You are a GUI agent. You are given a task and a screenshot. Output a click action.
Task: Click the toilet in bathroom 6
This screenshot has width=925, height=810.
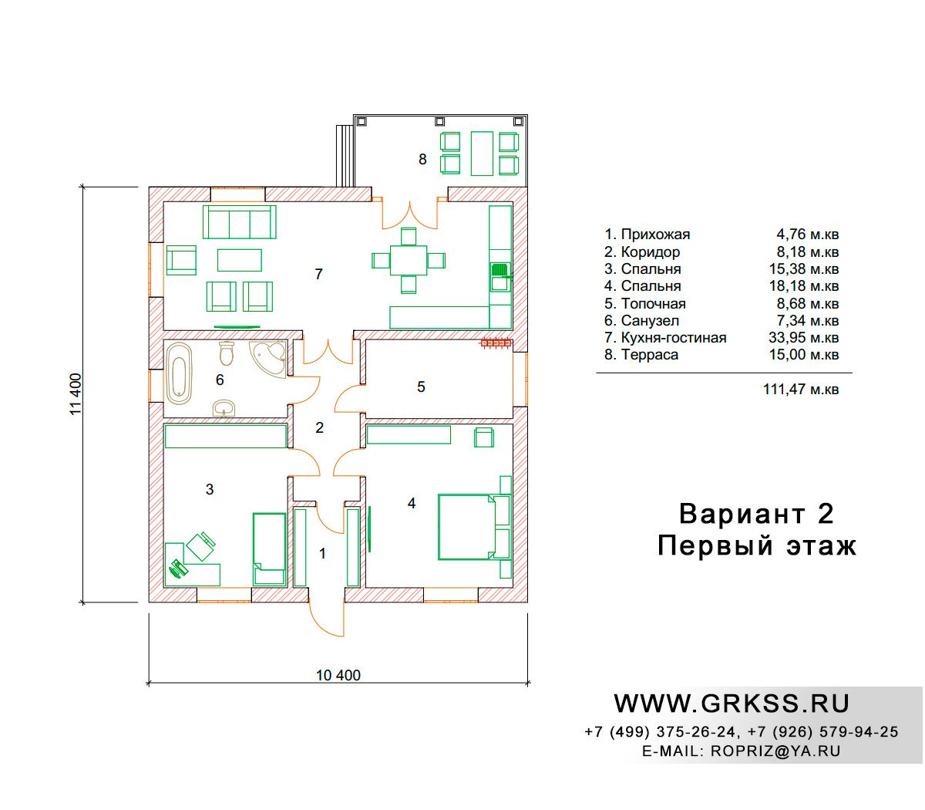tap(227, 353)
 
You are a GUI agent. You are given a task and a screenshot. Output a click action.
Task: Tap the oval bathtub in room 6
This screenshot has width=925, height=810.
tap(179, 374)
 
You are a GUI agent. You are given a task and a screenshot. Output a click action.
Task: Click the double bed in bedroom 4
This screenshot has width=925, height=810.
tap(467, 527)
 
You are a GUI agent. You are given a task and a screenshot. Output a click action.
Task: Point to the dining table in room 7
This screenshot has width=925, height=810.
tap(409, 260)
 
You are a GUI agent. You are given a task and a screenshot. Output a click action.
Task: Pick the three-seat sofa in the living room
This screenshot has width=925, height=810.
tap(239, 221)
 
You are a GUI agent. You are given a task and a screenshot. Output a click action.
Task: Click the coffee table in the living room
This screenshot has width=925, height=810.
tap(239, 260)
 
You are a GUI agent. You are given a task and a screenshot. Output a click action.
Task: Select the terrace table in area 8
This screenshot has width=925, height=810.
tap(482, 153)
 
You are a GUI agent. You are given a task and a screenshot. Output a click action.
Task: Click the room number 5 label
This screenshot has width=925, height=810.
tap(421, 386)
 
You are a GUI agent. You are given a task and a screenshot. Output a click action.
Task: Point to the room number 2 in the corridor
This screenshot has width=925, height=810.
tap(319, 427)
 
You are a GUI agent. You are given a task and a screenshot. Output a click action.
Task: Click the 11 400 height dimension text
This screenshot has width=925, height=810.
tap(76, 394)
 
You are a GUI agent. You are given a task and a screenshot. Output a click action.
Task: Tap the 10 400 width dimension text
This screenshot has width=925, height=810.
tap(338, 675)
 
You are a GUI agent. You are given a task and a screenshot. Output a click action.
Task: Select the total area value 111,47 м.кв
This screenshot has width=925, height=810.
tap(801, 389)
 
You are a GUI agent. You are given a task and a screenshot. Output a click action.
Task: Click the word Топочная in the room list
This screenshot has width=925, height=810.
tap(654, 303)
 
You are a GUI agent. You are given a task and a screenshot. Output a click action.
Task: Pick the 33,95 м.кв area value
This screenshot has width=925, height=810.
tap(803, 338)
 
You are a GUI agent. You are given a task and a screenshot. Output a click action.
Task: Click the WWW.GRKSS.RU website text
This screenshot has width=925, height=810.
tap(732, 704)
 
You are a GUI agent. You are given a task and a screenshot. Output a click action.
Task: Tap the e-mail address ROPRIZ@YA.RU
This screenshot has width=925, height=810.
tap(775, 751)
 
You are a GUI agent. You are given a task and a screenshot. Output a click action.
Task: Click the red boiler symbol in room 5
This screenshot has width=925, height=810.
tap(496, 344)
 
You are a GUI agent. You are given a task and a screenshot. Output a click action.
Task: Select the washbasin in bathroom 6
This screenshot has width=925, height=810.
tap(224, 408)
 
